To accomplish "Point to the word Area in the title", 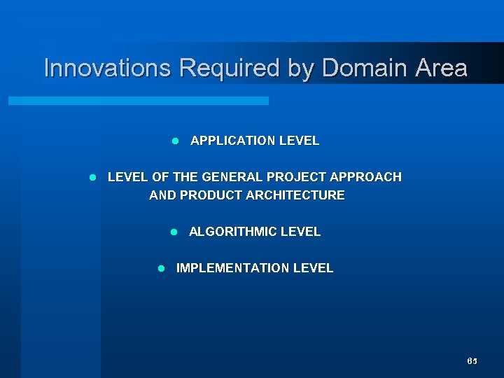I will pos(440,69).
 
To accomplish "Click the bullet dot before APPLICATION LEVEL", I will pos(176,141).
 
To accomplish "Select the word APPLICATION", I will pos(233,141).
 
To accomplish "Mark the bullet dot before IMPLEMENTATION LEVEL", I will pos(162,268).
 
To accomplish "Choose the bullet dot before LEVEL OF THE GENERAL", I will pos(93,177).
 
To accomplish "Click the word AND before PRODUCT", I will pos(162,195).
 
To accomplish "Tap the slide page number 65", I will pos(472,361).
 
